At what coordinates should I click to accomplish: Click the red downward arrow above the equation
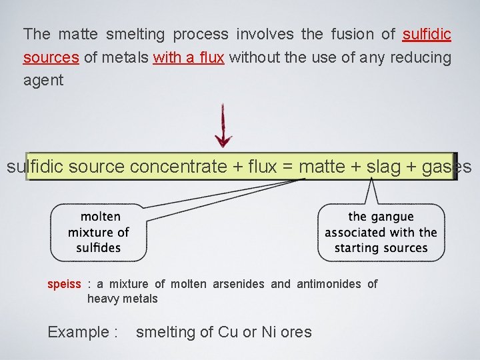pyautogui.click(x=223, y=127)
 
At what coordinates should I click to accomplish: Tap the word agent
pyautogui.click(x=43, y=81)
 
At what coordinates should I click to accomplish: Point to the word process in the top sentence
pyautogui.click(x=201, y=34)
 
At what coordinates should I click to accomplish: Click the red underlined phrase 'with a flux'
pyautogui.click(x=188, y=57)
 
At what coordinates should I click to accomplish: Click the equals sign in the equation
pyautogui.click(x=287, y=167)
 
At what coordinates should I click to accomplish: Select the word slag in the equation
pyautogui.click(x=386, y=167)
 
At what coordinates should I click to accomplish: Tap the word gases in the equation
pyautogui.click(x=447, y=167)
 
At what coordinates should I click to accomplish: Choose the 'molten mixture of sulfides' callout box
pyautogui.click(x=99, y=232)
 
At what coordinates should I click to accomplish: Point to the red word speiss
pyautogui.click(x=64, y=285)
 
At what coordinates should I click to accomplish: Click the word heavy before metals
pyautogui.click(x=103, y=299)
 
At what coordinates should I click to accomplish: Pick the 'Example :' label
pyautogui.click(x=83, y=332)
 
